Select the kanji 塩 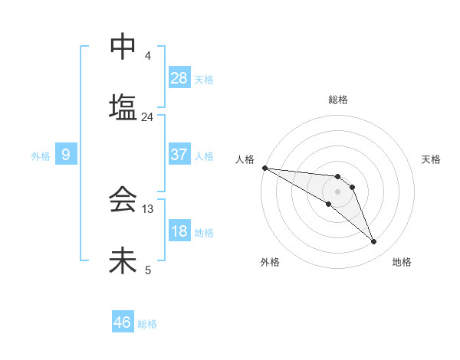click(123, 106)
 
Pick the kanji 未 click(123, 260)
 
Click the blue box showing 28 click(179, 77)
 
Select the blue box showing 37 click(179, 155)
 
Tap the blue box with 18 click(179, 232)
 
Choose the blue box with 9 click(66, 155)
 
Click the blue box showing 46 click(122, 322)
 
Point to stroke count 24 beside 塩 click(147, 117)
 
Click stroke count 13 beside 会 click(148, 208)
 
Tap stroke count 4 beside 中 click(148, 56)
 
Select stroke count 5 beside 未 click(148, 270)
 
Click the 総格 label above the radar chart click(338, 100)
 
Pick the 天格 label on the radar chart click(431, 159)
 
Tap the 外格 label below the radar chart click(270, 262)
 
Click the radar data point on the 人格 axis click(264, 167)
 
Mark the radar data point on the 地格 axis click(374, 242)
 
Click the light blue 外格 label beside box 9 click(41, 156)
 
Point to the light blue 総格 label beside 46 click(147, 324)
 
